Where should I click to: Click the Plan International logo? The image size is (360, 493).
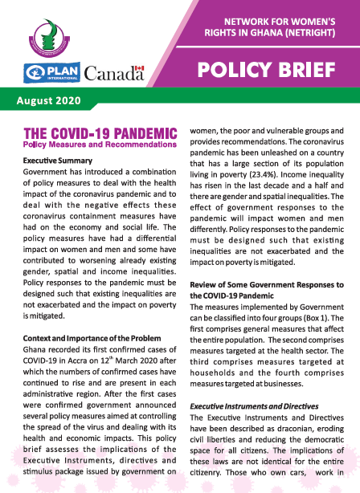click(50, 71)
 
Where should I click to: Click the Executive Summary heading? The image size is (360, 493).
click(55, 161)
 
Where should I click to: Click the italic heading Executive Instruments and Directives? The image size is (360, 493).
click(255, 406)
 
